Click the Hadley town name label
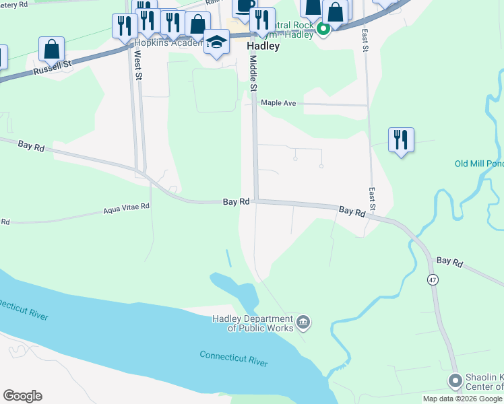(x=263, y=46)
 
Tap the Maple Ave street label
(x=279, y=103)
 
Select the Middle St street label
(x=254, y=74)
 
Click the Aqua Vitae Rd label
(x=126, y=209)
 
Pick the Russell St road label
(x=53, y=67)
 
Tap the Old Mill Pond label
(x=478, y=164)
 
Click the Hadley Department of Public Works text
(x=253, y=323)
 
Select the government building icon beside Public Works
(x=303, y=323)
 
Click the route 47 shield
(x=433, y=278)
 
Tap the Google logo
(x=22, y=396)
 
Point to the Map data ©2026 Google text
(x=462, y=399)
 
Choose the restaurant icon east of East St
(x=401, y=140)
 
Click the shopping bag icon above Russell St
(x=51, y=50)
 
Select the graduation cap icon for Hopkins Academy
(x=216, y=43)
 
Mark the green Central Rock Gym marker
(x=323, y=28)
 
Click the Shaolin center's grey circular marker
(x=455, y=382)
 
